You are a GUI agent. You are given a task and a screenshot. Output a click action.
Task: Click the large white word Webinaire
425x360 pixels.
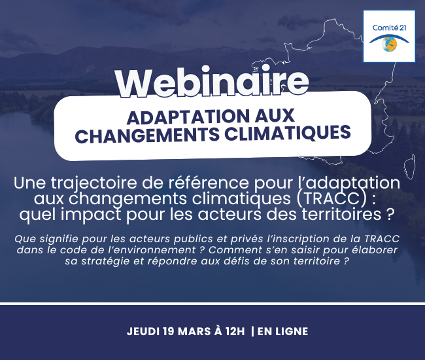click(212, 81)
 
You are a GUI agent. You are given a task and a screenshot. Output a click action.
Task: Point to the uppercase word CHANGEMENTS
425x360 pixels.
click(147, 135)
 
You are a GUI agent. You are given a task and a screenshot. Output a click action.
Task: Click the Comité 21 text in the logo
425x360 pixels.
click(389, 27)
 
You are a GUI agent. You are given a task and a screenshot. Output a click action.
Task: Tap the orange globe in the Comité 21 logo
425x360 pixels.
click(389, 44)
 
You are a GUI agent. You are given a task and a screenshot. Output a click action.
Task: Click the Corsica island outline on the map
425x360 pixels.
click(409, 167)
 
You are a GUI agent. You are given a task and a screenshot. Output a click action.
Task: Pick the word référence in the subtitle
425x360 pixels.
click(209, 183)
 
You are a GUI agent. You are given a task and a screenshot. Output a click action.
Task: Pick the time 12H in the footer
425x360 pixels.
click(235, 331)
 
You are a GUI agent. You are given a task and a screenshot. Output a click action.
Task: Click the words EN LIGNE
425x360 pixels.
click(282, 331)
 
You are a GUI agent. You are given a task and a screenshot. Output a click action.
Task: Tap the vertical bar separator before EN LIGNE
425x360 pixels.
click(252, 331)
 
